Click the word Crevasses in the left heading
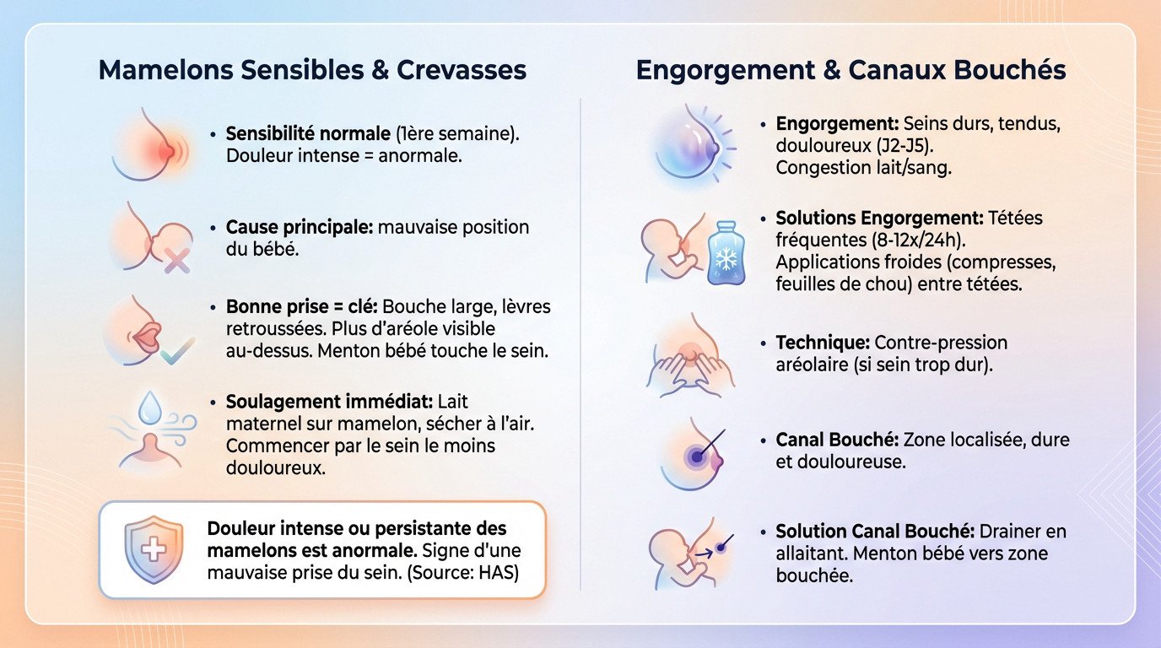462,70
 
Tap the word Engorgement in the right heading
725,71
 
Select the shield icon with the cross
154,549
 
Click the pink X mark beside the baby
177,260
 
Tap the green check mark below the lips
177,352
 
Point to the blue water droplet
150,408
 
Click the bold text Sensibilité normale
308,134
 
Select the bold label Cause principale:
300,228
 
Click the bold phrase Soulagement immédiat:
329,402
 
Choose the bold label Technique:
823,343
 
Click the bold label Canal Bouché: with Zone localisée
837,440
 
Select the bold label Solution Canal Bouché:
875,532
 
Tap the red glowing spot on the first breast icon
166,151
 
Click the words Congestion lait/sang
863,168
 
